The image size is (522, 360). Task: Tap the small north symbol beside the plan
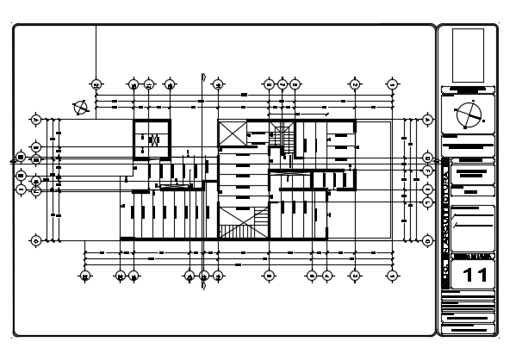point(81,108)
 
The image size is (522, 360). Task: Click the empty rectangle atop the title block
point(468,55)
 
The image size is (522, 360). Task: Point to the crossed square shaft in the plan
point(232,133)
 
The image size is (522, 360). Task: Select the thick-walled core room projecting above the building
point(152,139)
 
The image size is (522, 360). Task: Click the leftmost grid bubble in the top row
point(96,84)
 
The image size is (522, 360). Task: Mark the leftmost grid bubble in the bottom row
point(85,276)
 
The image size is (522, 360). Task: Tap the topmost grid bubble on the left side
point(35,119)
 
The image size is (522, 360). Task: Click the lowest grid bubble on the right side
point(427,240)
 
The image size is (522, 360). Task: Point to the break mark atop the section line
point(202,75)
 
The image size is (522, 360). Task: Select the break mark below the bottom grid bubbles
point(203,287)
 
